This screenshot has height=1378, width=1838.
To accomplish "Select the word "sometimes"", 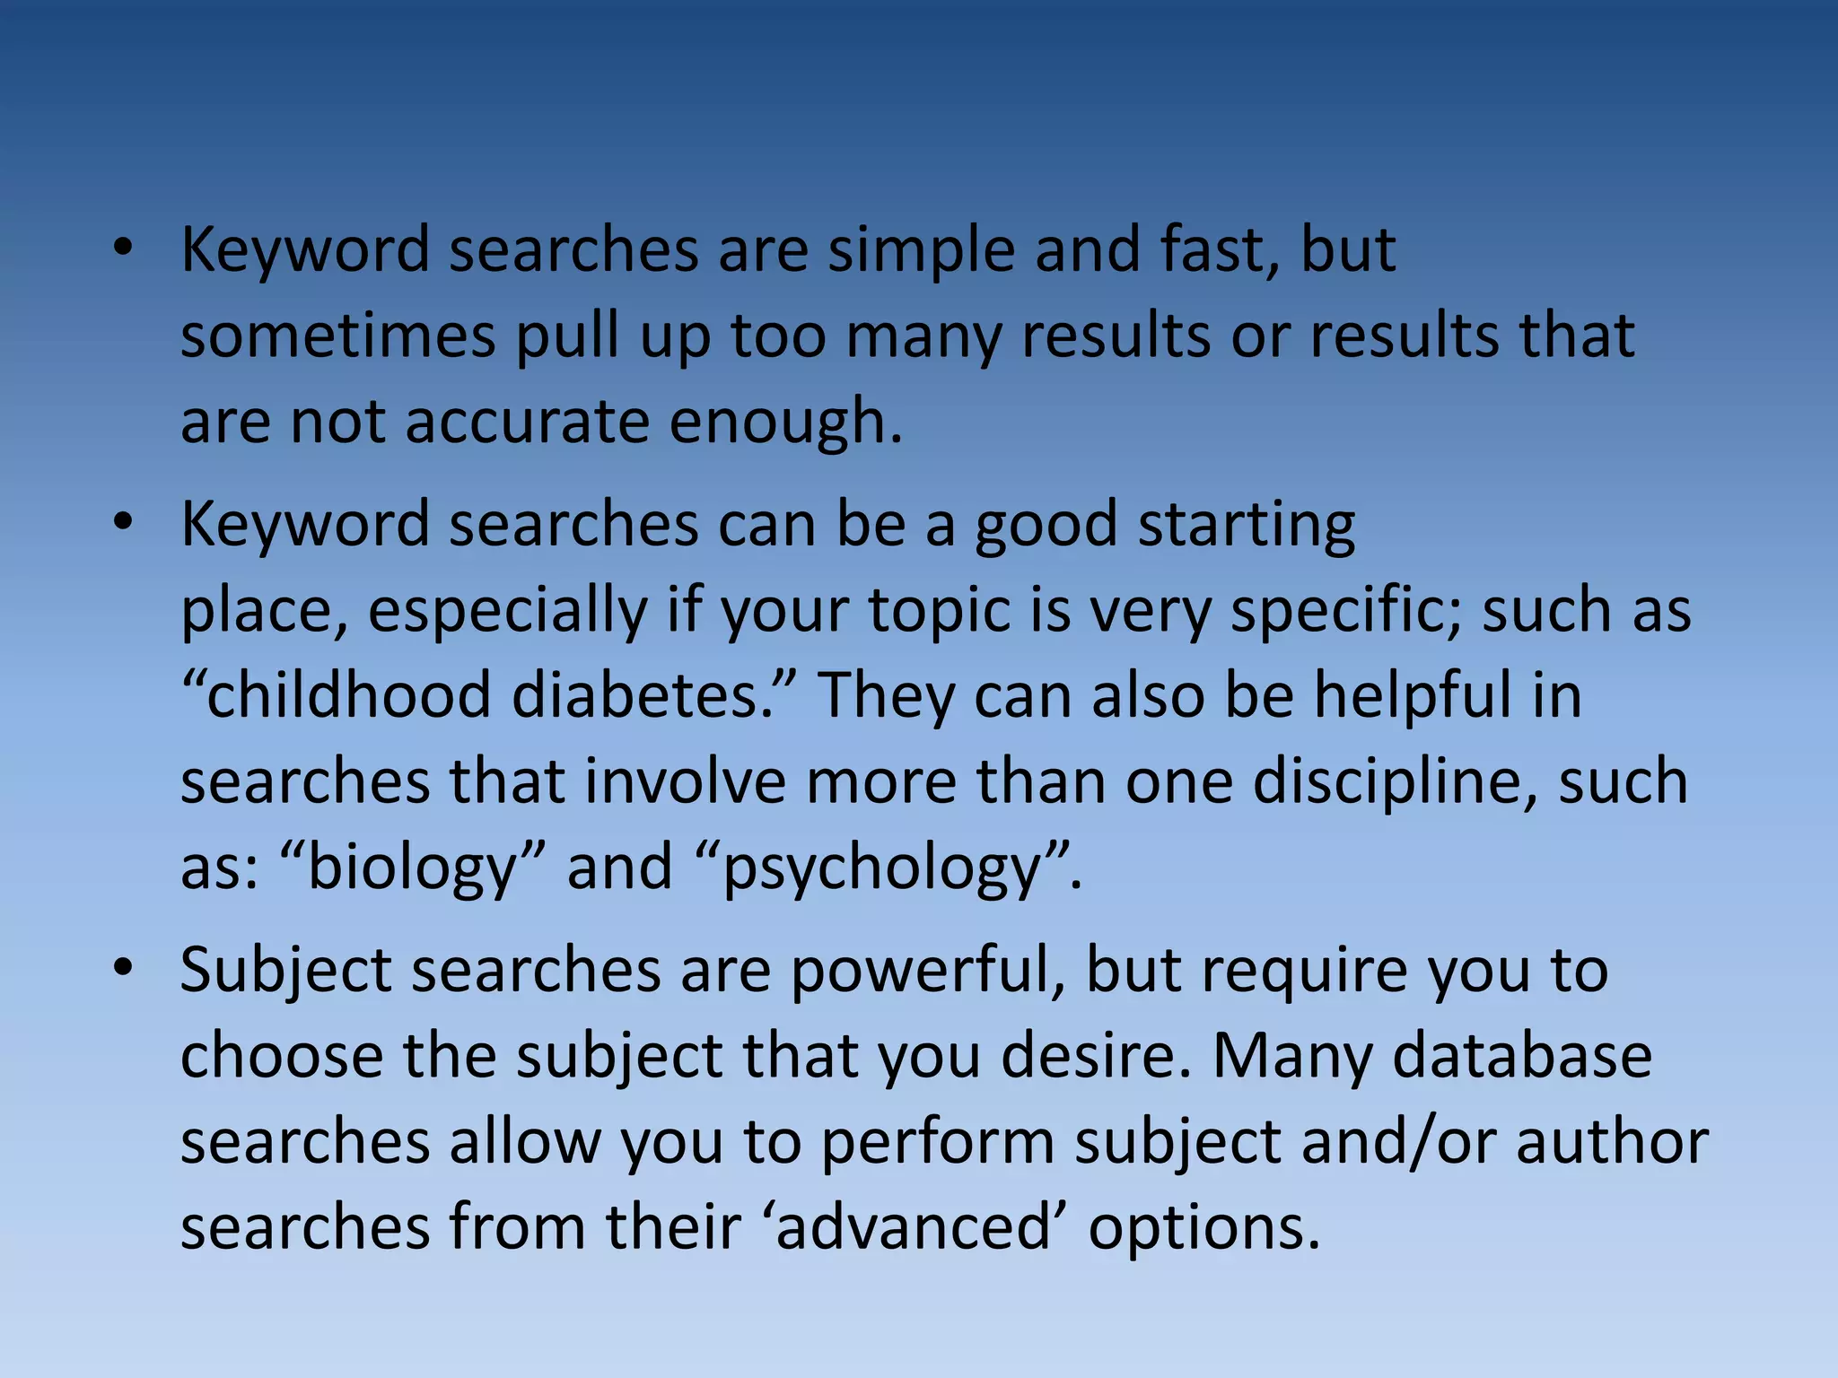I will (x=337, y=336).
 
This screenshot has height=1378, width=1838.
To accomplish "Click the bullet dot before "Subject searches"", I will (x=123, y=969).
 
